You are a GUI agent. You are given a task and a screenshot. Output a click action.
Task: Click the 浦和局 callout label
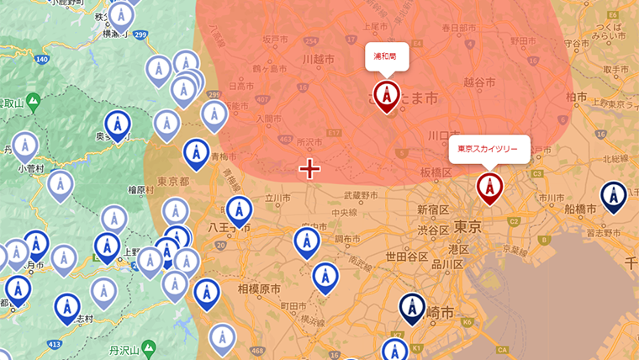[385, 56]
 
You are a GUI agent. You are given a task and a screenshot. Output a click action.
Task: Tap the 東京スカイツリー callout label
[488, 149]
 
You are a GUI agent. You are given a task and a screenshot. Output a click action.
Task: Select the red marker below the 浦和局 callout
[386, 95]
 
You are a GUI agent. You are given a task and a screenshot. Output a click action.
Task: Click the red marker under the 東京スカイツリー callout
[488, 187]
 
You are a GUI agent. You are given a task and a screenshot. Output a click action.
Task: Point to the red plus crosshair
[309, 169]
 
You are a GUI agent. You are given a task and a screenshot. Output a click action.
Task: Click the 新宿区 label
[433, 209]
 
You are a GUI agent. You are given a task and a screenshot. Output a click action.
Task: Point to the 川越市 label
[319, 61]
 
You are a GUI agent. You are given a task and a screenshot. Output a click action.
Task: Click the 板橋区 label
[436, 172]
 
